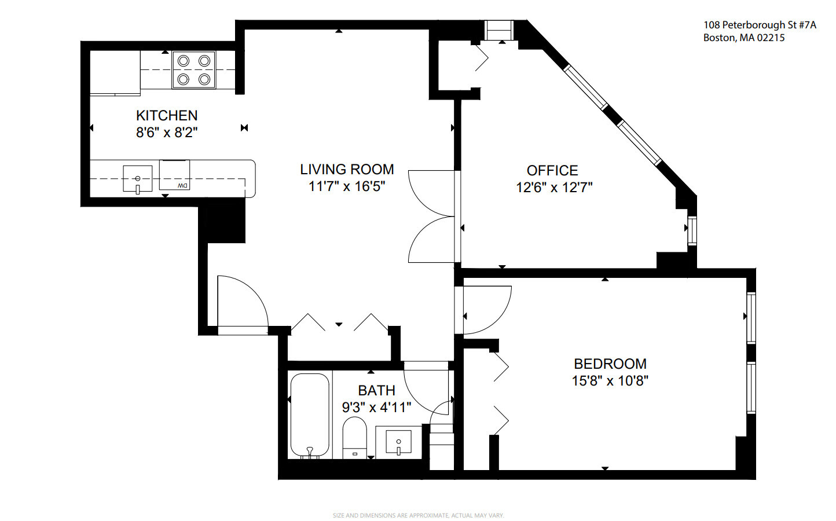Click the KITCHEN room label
point(167,115)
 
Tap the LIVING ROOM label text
point(347,170)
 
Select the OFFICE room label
point(552,171)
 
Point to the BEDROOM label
point(610,364)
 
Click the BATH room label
point(376,391)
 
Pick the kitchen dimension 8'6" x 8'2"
point(167,133)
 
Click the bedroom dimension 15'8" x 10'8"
point(610,381)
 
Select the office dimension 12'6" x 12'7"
point(554,188)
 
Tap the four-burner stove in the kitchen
point(194,70)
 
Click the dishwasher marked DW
point(175,176)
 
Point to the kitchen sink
point(137,178)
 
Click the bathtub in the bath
point(310,415)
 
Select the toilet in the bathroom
point(354,438)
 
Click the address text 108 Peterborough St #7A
point(760,25)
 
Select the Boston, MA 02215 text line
point(744,38)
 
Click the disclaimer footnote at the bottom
point(418,515)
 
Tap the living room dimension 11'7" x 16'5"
point(347,186)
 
